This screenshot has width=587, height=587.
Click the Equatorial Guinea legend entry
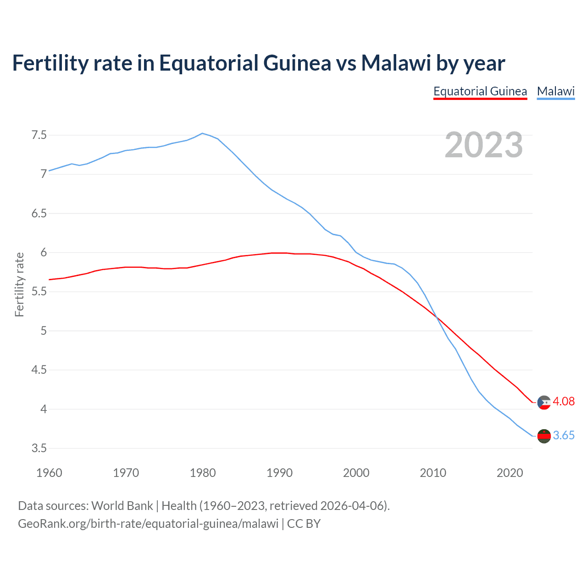click(x=480, y=91)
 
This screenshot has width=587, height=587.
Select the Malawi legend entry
click(x=556, y=91)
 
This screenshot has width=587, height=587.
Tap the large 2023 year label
click(x=484, y=145)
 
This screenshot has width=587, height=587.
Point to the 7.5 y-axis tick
click(x=39, y=135)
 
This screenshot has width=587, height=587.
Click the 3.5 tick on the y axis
click(x=39, y=448)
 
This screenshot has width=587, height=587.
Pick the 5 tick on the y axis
click(x=44, y=331)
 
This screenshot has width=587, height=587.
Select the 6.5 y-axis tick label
click(x=39, y=214)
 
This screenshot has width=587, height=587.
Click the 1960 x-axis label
click(x=49, y=473)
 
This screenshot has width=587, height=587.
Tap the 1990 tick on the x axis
click(x=279, y=473)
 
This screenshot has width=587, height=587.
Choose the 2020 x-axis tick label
click(x=509, y=473)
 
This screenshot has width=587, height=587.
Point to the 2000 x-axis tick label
click(x=356, y=473)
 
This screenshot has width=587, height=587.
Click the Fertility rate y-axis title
click(x=19, y=284)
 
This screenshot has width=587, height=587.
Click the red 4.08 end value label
click(x=564, y=402)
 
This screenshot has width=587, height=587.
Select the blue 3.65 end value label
click(x=564, y=436)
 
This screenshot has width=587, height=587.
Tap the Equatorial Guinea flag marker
click(x=544, y=403)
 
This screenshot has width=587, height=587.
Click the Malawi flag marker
click(x=544, y=436)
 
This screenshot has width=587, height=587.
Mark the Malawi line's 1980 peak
click(x=203, y=133)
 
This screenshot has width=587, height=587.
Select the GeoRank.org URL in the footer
click(x=148, y=524)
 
